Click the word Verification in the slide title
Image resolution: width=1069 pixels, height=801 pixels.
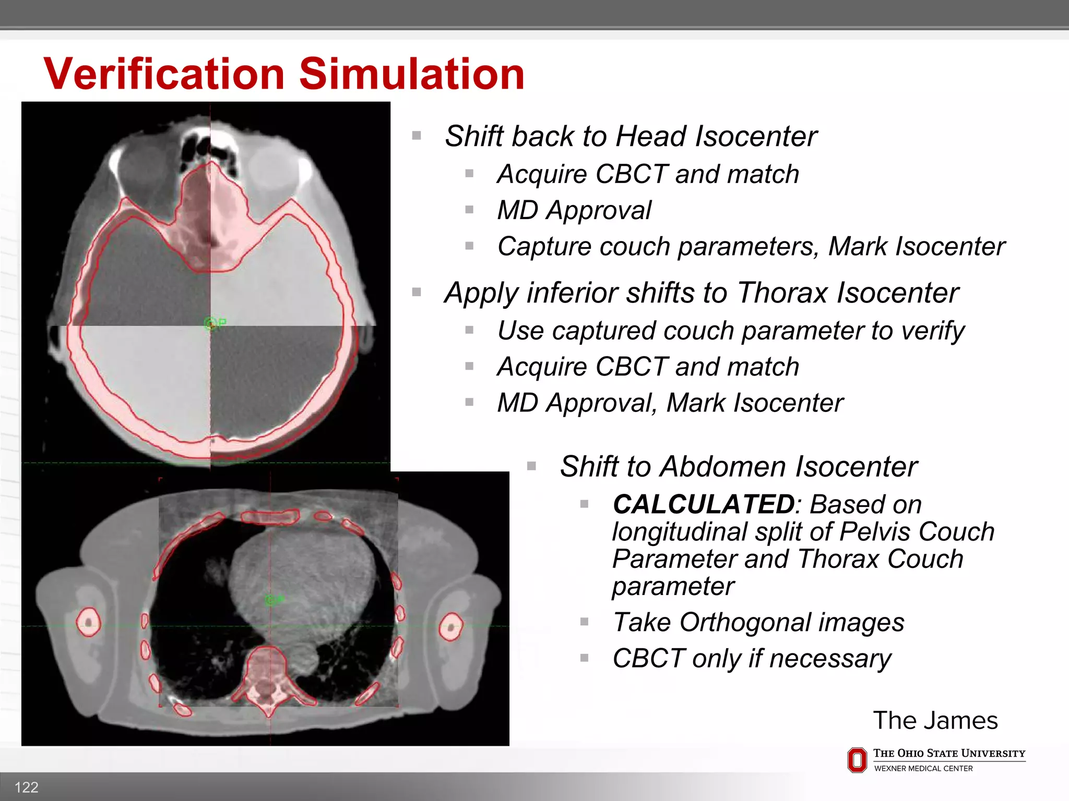(x=164, y=74)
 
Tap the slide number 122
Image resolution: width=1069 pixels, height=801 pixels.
(x=26, y=787)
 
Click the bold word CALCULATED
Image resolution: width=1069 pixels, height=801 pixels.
(x=703, y=504)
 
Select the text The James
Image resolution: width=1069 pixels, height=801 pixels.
(x=935, y=720)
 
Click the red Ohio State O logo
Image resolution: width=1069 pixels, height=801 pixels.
(x=857, y=760)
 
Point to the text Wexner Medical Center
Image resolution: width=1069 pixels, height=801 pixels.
(x=923, y=769)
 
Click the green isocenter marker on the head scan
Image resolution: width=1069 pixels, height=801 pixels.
(x=211, y=324)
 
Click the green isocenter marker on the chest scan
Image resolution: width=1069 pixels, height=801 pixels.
(x=271, y=600)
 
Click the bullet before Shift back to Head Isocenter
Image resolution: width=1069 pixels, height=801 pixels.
(x=417, y=136)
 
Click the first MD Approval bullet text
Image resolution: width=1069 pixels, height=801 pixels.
(x=574, y=211)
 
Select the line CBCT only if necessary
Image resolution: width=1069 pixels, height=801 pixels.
(x=752, y=658)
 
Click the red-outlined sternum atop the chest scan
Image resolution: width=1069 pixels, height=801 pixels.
(x=270, y=517)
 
